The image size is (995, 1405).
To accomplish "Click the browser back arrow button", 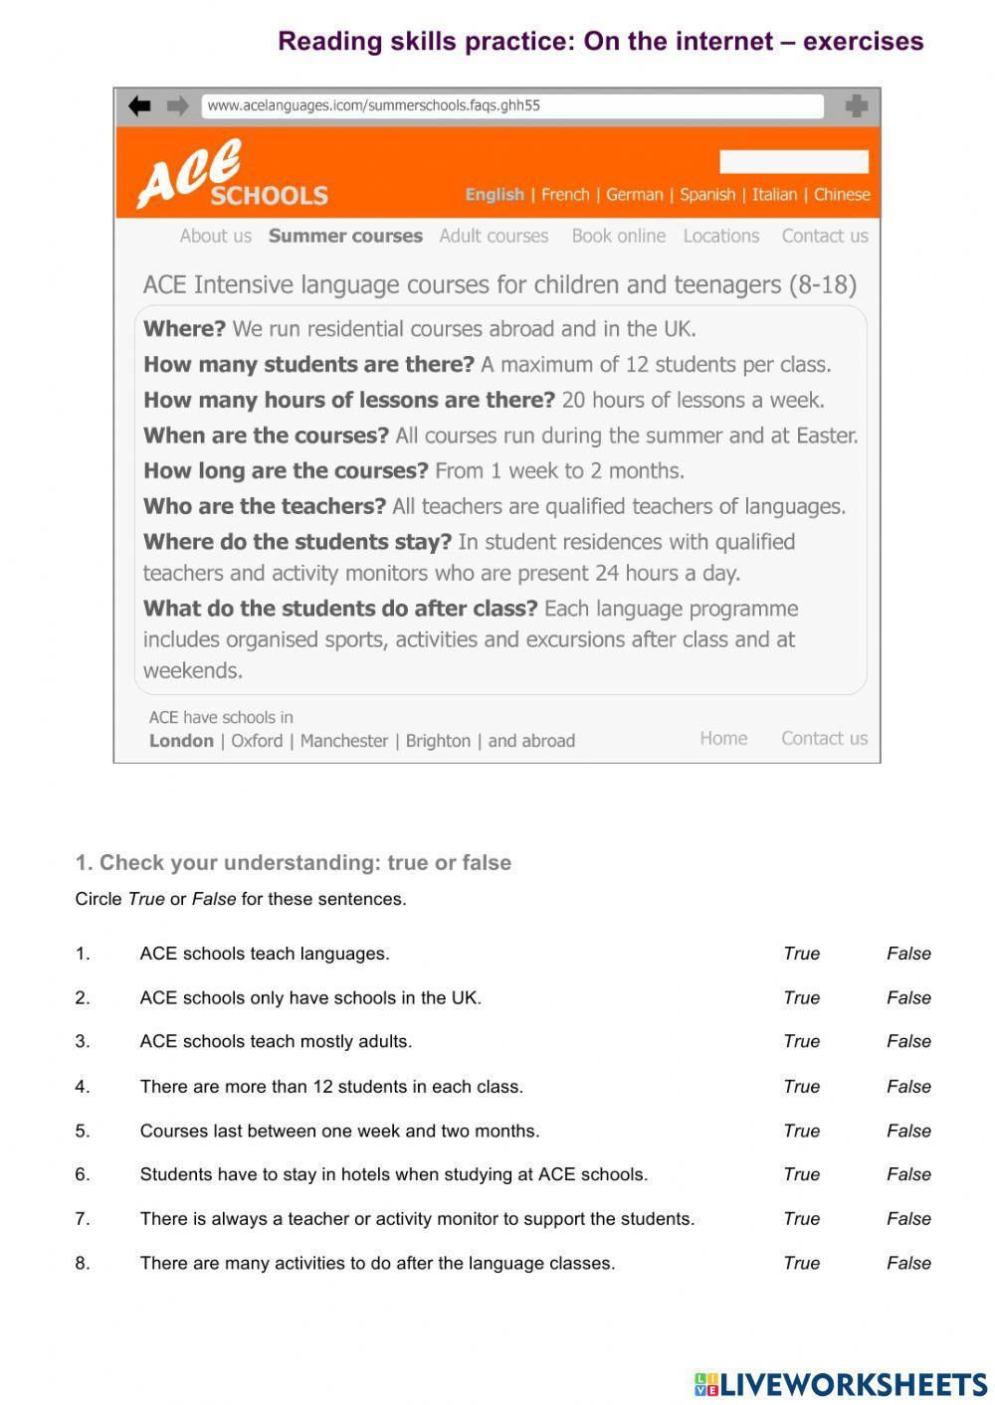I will coord(139,105).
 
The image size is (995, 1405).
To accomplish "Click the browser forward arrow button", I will coord(177,105).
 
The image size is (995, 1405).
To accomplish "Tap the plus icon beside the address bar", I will coord(856,105).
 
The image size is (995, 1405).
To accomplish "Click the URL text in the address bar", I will coord(373,105).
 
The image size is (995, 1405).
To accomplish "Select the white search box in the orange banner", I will coord(793,162).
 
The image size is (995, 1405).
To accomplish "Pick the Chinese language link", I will coord(842,195).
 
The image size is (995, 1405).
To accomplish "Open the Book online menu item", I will coord(618,236).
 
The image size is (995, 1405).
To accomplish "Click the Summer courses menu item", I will coord(345,236).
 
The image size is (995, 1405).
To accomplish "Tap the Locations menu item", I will coord(720,236).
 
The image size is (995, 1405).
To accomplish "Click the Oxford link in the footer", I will coord(257,741).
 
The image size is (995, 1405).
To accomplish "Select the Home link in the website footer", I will coord(723,738).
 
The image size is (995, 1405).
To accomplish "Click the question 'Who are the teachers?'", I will coord(265,506).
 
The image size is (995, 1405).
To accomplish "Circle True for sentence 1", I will coord(801,954).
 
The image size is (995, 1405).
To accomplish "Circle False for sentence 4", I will coord(908,1087).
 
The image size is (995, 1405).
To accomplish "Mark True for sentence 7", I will coord(801,1219).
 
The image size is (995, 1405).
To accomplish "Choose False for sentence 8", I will coord(908,1264).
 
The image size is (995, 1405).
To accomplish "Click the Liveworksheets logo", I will coord(840,1384).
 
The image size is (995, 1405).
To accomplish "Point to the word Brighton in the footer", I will coord(438,741).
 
